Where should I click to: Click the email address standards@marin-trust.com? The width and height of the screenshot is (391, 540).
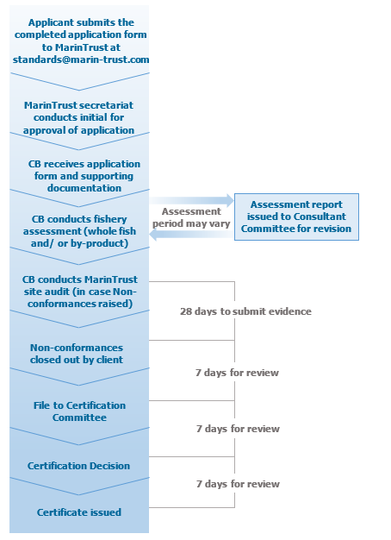81,60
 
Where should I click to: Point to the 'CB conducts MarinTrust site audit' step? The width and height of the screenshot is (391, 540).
79,292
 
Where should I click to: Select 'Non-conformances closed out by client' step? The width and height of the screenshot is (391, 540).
76,353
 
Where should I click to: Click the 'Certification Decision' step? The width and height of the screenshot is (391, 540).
78,466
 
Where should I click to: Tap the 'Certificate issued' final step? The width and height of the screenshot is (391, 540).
78,512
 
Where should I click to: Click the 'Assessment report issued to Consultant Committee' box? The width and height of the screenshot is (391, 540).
295,217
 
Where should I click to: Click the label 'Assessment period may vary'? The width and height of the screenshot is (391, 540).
191,217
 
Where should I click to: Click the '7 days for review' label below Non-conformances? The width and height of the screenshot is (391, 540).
237,373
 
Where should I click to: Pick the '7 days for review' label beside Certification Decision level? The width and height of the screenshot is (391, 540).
237,428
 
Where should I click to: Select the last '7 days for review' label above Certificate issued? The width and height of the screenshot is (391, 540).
237,484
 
